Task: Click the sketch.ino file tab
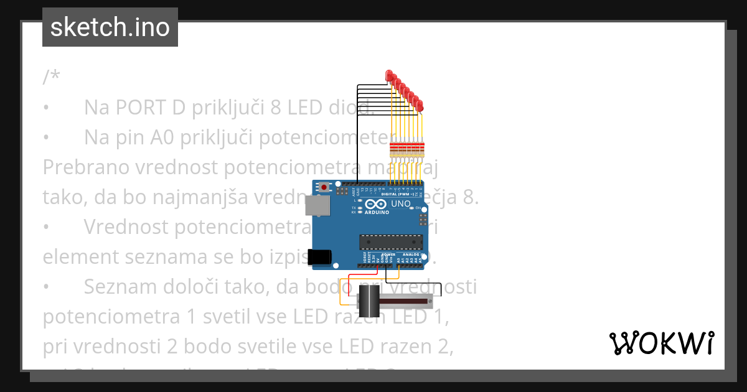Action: [x=110, y=27]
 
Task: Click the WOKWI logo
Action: [x=661, y=343]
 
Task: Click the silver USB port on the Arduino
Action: [x=321, y=207]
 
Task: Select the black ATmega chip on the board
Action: [x=390, y=241]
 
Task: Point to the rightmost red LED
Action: [x=420, y=106]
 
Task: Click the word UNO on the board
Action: [x=401, y=203]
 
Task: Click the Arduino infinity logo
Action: [x=375, y=204]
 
